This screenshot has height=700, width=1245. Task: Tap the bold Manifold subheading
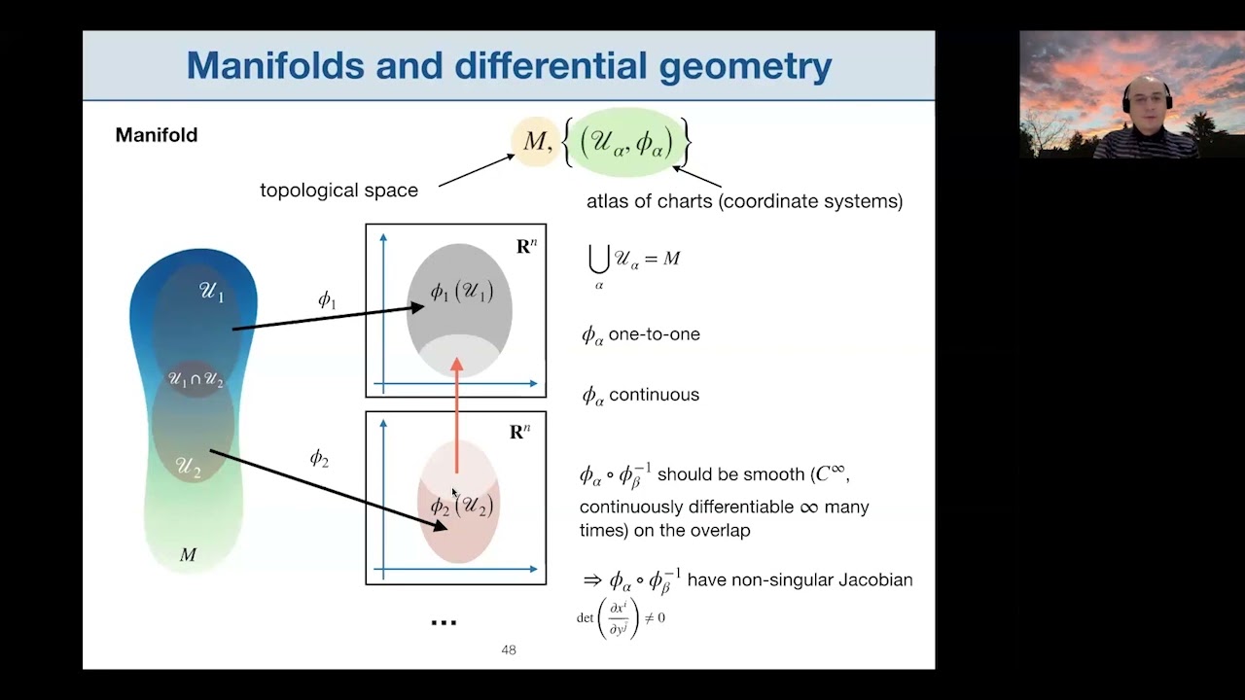(157, 135)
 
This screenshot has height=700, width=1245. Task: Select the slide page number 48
(508, 649)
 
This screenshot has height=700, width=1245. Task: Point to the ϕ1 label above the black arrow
(328, 299)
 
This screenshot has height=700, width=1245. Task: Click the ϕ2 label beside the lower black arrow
(319, 458)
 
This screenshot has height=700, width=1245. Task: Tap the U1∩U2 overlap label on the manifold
(196, 379)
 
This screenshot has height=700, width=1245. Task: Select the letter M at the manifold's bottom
(189, 555)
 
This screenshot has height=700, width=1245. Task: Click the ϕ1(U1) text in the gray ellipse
(461, 291)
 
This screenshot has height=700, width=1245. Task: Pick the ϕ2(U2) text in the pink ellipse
(461, 506)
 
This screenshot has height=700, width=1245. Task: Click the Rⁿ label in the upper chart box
(526, 246)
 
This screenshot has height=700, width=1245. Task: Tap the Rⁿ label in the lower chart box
(520, 433)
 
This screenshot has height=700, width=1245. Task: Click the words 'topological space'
(338, 191)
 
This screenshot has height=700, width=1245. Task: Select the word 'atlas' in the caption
(609, 201)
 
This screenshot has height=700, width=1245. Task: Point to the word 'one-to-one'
(654, 334)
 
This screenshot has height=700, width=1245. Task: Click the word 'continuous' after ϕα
(654, 395)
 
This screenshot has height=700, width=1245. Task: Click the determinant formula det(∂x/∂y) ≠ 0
(622, 617)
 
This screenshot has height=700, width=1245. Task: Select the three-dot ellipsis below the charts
(444, 622)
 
